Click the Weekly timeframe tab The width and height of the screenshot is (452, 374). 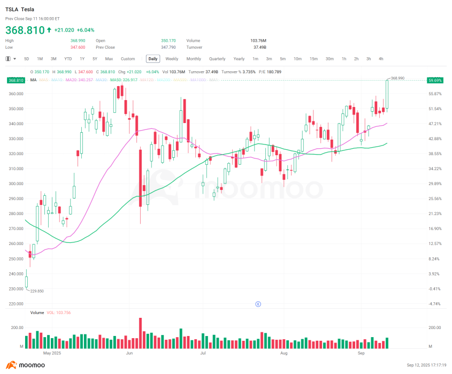pos(172,59)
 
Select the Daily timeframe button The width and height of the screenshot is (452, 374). pos(153,59)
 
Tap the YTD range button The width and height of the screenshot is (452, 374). pos(68,59)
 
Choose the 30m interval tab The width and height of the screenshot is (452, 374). pos(330,59)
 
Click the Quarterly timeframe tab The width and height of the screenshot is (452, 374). pos(217,59)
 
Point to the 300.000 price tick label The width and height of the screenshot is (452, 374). pos(16,184)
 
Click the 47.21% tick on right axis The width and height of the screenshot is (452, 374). pos(434,124)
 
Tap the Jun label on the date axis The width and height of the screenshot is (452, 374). pos(129,354)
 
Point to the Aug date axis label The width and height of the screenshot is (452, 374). pos(284,354)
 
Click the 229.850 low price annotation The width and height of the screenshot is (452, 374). pos(36,291)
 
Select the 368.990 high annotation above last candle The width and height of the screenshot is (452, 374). pos(397,78)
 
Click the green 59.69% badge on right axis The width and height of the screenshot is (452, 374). pos(435,80)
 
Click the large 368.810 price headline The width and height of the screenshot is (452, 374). pos(25,30)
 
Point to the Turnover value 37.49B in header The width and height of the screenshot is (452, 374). pos(259,47)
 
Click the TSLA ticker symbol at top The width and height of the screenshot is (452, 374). pos(11,10)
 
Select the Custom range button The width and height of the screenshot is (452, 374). pos(128,59)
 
